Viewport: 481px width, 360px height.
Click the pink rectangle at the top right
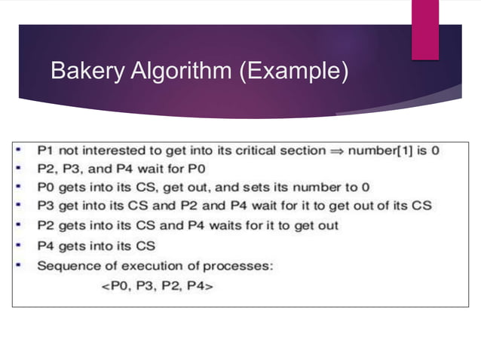point(424,29)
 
